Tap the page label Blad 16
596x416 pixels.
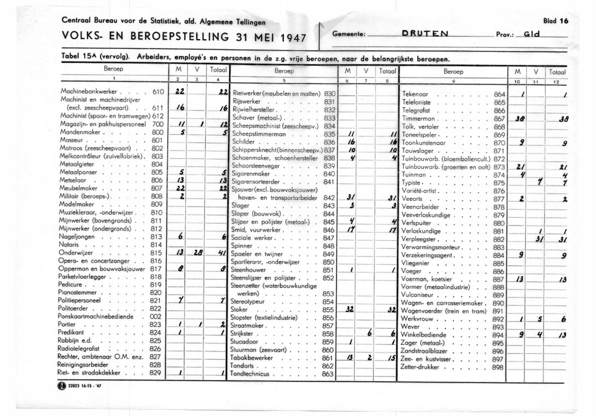click(x=556, y=21)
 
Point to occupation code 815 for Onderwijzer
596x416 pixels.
click(x=156, y=253)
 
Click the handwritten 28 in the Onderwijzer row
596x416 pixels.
click(x=198, y=253)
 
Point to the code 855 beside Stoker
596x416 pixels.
click(x=328, y=310)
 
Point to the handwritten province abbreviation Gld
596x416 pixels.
click(x=530, y=34)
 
